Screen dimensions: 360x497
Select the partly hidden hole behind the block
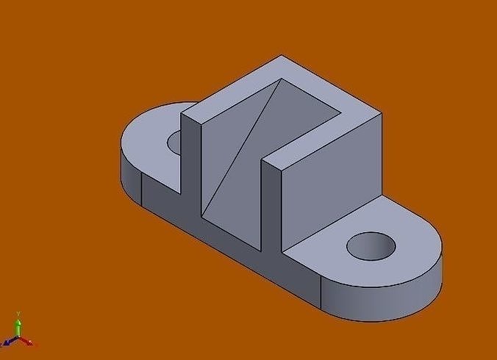point(175,141)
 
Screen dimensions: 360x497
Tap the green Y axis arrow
point(18,326)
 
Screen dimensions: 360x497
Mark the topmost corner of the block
point(280,56)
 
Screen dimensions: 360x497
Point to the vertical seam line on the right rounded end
point(321,293)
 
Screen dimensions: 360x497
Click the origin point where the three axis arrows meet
point(18,339)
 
